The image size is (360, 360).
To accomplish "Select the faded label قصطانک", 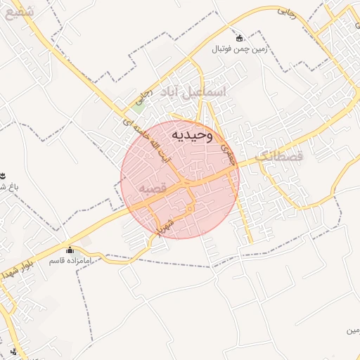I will [279, 156].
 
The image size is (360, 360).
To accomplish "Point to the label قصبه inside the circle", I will [152, 189].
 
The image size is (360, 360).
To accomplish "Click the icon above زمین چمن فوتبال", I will [240, 38].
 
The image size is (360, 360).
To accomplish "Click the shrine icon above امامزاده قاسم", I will [70, 250].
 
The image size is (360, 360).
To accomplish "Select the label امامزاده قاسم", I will [70, 262].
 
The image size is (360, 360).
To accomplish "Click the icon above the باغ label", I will [3, 175].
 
